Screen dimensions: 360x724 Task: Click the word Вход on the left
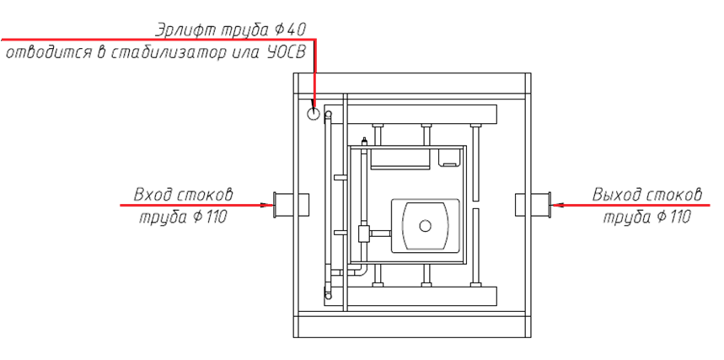[154, 196]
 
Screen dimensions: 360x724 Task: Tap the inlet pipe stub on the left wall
[292, 204]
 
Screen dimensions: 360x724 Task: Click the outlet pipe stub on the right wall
[531, 204]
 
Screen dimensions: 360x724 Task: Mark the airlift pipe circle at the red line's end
[314, 113]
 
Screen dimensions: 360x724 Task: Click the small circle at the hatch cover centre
[426, 225]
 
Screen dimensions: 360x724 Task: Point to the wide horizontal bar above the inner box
[421, 114]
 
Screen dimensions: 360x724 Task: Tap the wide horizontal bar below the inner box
[421, 296]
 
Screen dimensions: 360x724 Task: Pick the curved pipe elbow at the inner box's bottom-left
[362, 271]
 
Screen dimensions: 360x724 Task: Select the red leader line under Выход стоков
[632, 205]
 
